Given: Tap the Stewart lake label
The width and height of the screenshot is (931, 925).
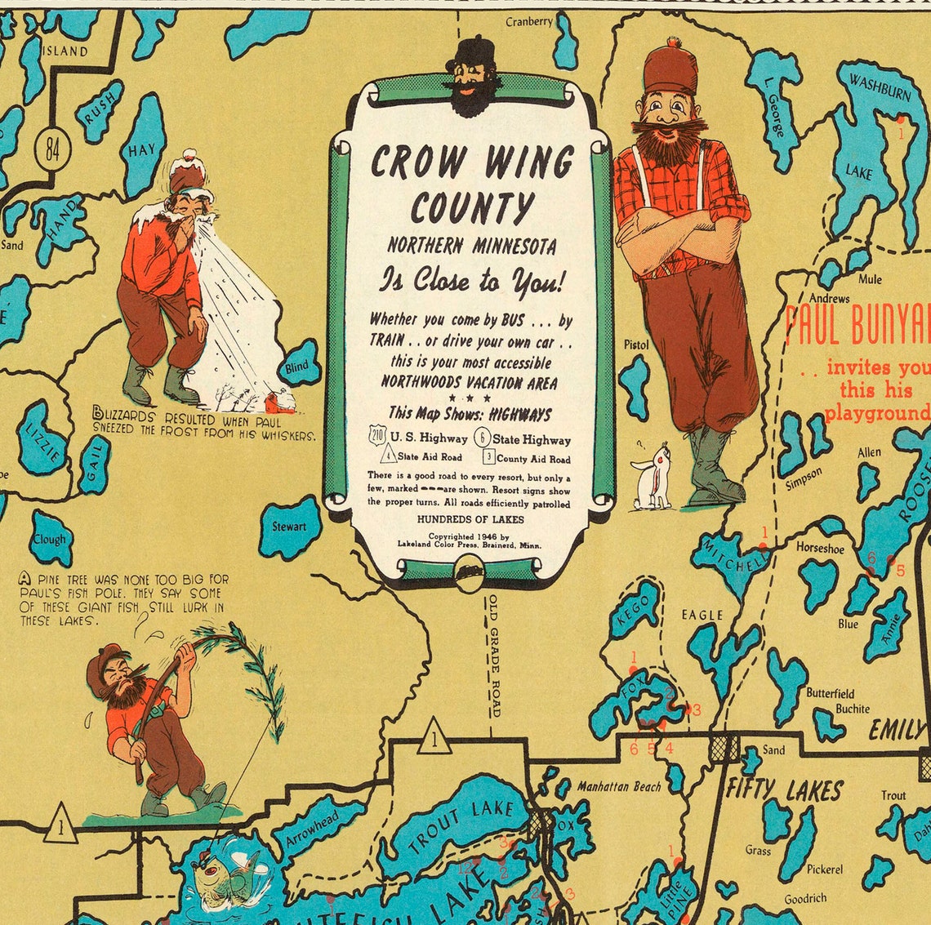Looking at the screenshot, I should click(289, 527).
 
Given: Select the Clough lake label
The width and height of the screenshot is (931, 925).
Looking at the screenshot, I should click(49, 540).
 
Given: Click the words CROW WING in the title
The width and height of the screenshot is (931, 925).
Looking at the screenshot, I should click(472, 161).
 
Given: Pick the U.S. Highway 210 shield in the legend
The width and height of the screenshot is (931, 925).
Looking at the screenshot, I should click(377, 437).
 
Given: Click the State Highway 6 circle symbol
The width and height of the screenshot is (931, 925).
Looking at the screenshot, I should click(483, 438).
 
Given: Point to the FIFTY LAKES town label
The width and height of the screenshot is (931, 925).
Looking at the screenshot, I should click(784, 789).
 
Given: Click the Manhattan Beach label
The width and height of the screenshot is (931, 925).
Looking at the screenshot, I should click(619, 786).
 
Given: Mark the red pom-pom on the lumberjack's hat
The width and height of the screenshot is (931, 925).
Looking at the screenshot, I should click(673, 42).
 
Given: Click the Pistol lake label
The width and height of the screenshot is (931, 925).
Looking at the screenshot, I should click(635, 345).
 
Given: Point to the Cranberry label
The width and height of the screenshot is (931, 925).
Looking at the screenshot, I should click(528, 22).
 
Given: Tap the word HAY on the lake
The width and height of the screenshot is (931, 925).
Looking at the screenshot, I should click(140, 151).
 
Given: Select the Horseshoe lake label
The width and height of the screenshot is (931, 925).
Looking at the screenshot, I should click(820, 548).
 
